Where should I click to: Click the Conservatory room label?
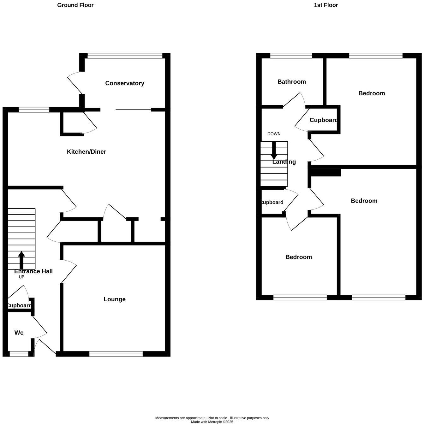(x=125, y=83)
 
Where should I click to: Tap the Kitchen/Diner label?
(x=87, y=152)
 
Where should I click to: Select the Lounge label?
(x=115, y=299)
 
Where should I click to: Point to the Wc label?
(x=19, y=333)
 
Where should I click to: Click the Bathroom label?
(x=292, y=82)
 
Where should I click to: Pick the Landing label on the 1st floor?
(x=284, y=162)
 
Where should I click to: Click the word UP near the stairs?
(x=21, y=277)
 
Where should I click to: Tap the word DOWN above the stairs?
(x=274, y=134)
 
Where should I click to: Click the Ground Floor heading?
(x=75, y=5)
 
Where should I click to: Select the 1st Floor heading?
(x=326, y=5)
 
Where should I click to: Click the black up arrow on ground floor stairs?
(x=21, y=260)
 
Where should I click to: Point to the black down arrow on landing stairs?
(x=274, y=151)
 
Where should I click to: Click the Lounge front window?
(x=116, y=354)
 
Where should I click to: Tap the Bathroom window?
(x=291, y=56)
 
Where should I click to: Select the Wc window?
(x=19, y=354)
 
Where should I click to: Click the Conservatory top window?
(x=125, y=56)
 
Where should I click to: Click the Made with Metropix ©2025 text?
(x=212, y=422)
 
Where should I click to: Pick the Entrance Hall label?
(x=33, y=271)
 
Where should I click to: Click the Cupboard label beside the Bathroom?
(x=324, y=120)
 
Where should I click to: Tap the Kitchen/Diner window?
(x=34, y=110)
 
